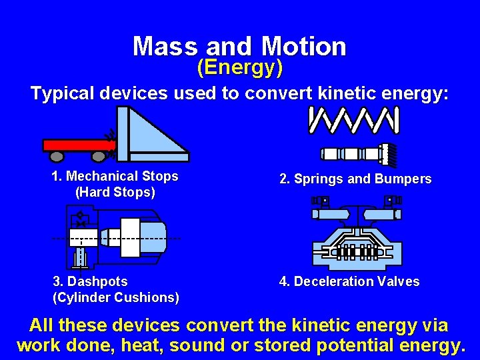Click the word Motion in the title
[304, 47]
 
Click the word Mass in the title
[165, 47]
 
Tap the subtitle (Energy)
[240, 67]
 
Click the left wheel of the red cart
[57, 157]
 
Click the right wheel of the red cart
[99, 157]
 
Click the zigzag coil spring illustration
[354, 120]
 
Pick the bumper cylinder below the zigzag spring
[357, 154]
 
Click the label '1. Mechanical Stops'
[115, 176]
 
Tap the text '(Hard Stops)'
[115, 193]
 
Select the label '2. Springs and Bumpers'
[355, 179]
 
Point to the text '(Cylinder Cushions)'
[115, 297]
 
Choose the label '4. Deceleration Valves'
[349, 281]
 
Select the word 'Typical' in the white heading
[63, 93]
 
